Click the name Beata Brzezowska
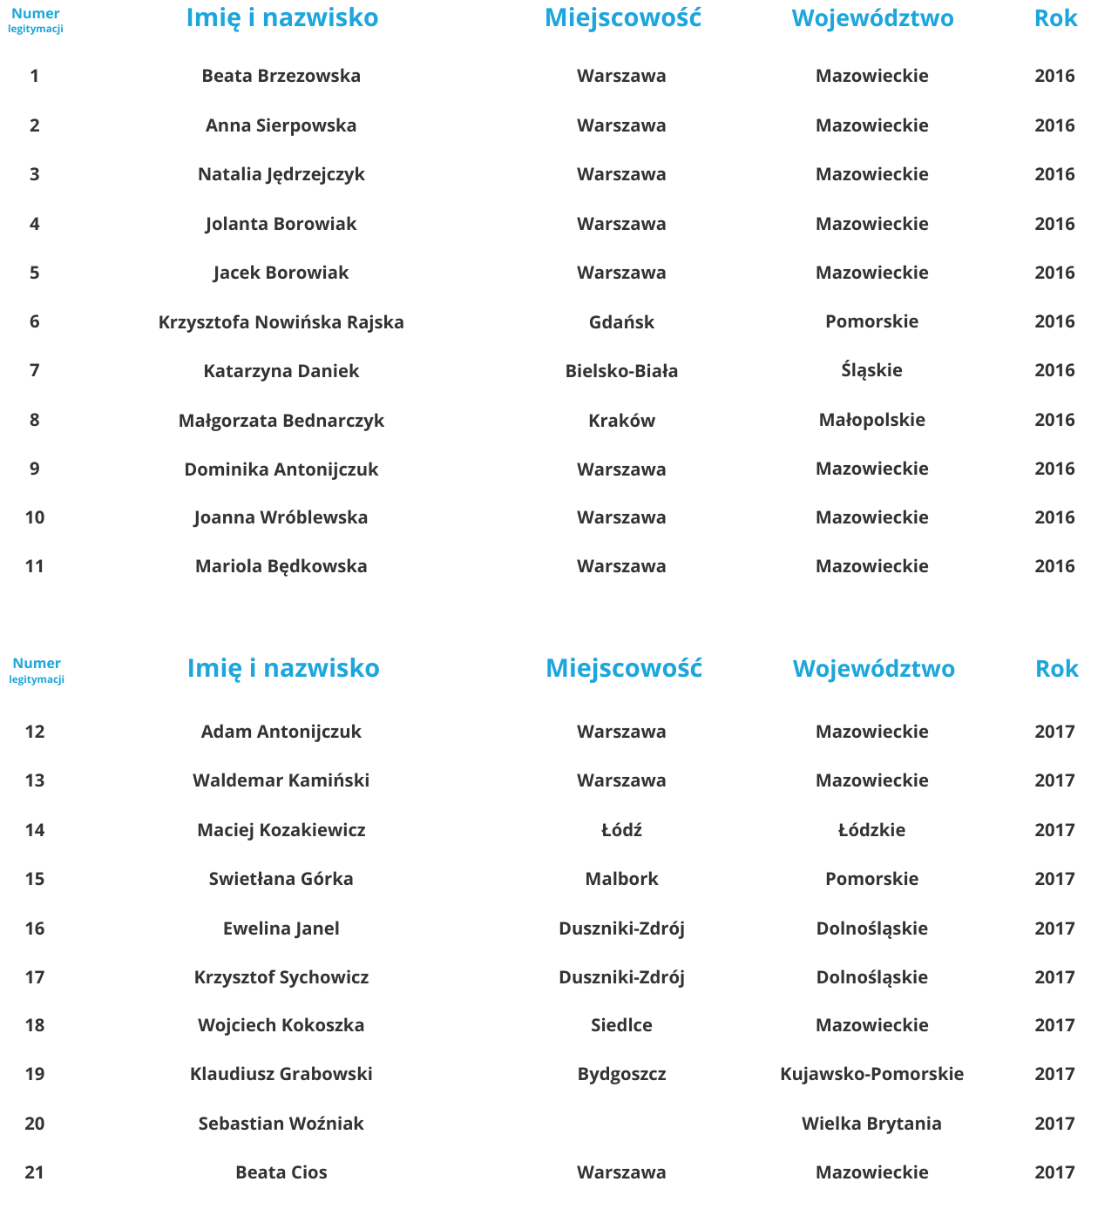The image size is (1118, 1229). [281, 76]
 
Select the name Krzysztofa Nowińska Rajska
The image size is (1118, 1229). [281, 322]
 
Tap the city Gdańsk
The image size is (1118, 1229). [621, 322]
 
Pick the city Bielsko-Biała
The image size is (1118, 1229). [621, 371]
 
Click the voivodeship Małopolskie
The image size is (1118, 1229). [871, 420]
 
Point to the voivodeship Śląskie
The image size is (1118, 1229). [871, 370]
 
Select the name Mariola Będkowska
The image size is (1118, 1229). [281, 566]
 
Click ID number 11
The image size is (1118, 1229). [35, 566]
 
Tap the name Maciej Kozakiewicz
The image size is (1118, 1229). [281, 830]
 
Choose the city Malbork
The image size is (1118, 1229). [621, 879]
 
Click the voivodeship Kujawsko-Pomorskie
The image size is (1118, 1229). [871, 1074]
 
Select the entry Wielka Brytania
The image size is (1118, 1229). [871, 1124]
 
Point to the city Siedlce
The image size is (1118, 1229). [621, 1025]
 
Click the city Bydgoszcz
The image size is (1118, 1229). [621, 1074]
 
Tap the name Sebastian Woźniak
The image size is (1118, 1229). [281, 1124]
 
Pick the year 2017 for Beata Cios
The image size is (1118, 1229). [1054, 1172]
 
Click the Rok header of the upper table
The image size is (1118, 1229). [1055, 18]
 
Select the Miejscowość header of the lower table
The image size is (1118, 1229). [623, 668]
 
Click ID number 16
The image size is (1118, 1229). [35, 929]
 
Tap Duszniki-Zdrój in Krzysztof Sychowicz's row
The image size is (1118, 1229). [621, 977]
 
